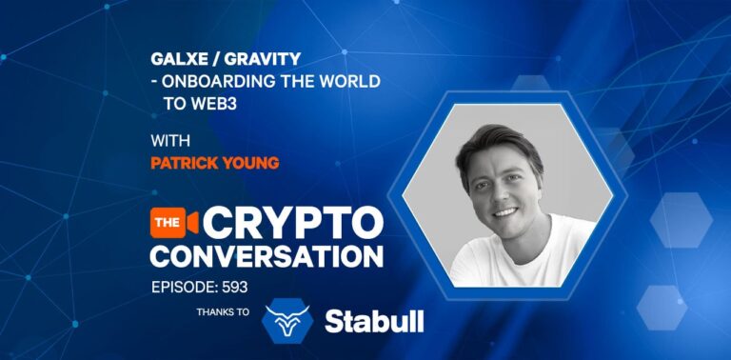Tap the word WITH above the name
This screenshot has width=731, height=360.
click(x=168, y=141)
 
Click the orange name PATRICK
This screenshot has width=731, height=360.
click(x=186, y=163)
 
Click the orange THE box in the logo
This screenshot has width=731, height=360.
click(x=166, y=221)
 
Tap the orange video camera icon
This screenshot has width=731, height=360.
click(x=191, y=221)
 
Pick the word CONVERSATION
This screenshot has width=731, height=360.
click(x=267, y=254)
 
